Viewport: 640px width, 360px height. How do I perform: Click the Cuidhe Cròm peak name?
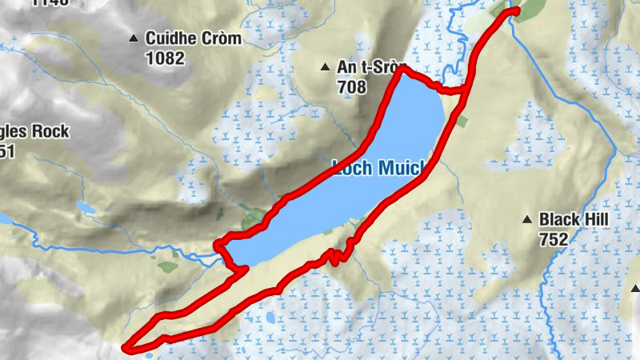[x=193, y=38]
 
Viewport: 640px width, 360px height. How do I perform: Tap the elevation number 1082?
[x=166, y=58]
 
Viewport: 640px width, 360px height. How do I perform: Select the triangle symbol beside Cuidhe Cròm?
[x=134, y=38]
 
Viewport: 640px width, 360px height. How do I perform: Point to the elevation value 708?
[x=351, y=86]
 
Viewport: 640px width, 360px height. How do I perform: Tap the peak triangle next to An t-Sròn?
[x=325, y=67]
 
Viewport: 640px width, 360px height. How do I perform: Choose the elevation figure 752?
[x=554, y=239]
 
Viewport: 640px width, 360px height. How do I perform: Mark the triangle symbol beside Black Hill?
[x=527, y=219]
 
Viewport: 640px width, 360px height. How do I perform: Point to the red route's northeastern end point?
[x=514, y=10]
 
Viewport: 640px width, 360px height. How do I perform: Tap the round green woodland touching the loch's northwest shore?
[x=255, y=217]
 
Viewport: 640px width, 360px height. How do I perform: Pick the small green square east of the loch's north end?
[x=462, y=121]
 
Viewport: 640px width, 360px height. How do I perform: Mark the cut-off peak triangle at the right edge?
[x=636, y=289]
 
